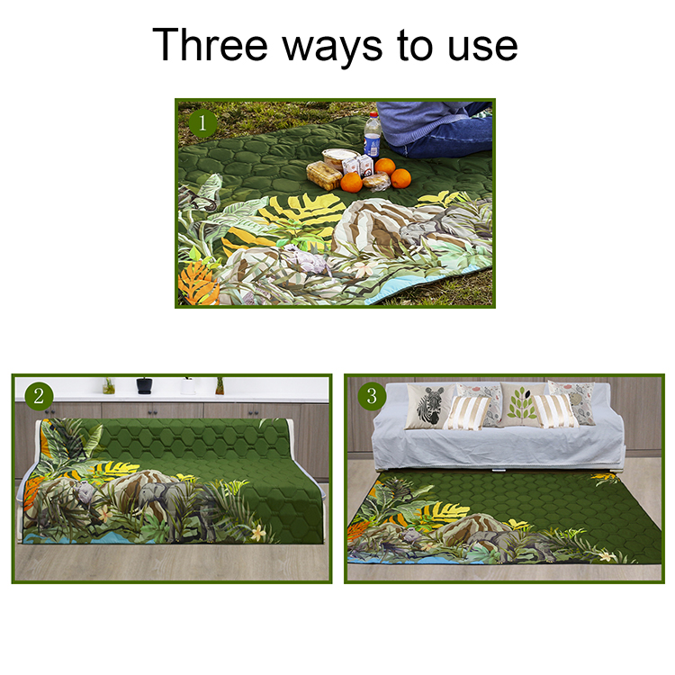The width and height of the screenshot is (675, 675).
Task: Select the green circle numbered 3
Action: [x=370, y=395]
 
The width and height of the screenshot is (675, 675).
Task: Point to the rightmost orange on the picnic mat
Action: [x=400, y=178]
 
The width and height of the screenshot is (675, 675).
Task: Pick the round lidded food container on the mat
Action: [x=337, y=157]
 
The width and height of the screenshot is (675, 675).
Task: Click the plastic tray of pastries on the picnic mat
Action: [x=323, y=175]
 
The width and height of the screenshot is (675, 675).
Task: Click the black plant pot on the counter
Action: [x=144, y=385]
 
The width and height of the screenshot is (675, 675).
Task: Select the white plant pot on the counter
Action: [x=188, y=386]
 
